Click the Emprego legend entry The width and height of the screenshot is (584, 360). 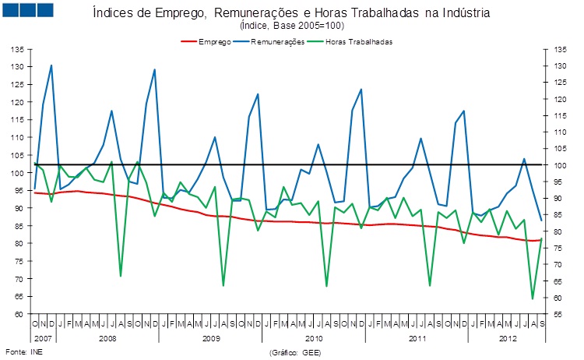coord(206,42)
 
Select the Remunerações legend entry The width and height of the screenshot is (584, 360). coord(269,42)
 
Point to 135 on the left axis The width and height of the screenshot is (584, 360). coord(17,49)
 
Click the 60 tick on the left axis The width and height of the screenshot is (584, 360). coord(19,314)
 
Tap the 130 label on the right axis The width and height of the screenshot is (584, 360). coord(560,66)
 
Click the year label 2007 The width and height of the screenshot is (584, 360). coord(43,338)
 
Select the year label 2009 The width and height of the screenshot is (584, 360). coord(211,338)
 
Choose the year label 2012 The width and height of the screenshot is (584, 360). coord(508,338)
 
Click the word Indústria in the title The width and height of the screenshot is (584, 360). coord(466,13)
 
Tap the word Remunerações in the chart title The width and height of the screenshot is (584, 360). coord(256,13)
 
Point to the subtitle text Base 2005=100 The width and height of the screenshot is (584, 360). coord(308,26)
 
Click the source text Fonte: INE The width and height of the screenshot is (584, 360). coord(24,351)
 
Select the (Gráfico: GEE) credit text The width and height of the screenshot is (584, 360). coord(295,352)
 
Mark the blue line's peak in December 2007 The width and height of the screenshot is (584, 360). coord(51,65)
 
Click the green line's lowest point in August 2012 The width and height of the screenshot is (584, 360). coord(533,299)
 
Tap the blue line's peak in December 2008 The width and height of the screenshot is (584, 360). coord(155,69)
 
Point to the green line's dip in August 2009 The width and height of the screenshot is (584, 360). coord(223,286)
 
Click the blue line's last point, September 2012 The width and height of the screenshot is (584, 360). coord(541,221)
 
